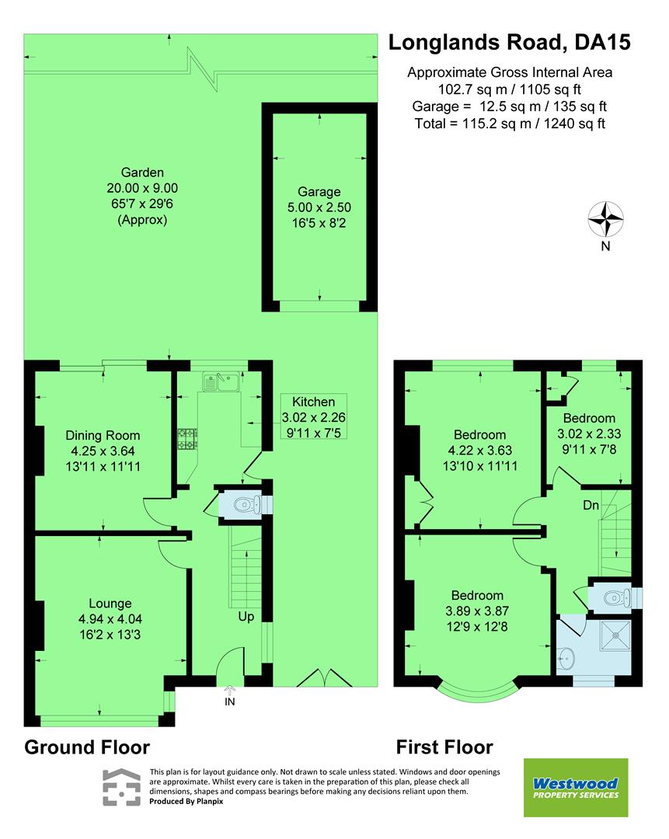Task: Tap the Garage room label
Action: click(319, 192)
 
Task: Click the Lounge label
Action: click(110, 603)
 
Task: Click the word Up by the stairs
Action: click(247, 617)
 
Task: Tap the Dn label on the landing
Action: click(592, 505)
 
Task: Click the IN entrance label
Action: click(229, 701)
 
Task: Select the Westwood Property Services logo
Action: click(576, 788)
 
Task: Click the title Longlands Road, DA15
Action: click(509, 42)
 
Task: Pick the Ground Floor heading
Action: click(87, 747)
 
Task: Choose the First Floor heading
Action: click(444, 747)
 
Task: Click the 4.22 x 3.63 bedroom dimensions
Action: click(479, 450)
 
